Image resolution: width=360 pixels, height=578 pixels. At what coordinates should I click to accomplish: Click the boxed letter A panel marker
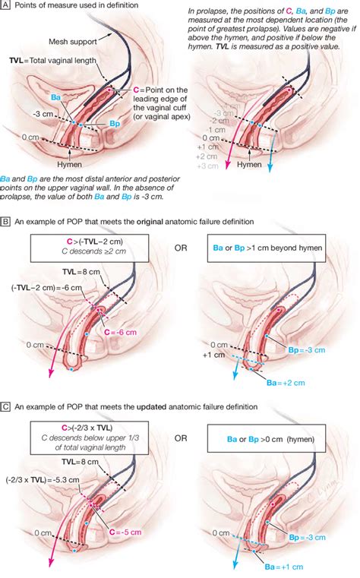[5, 7]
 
